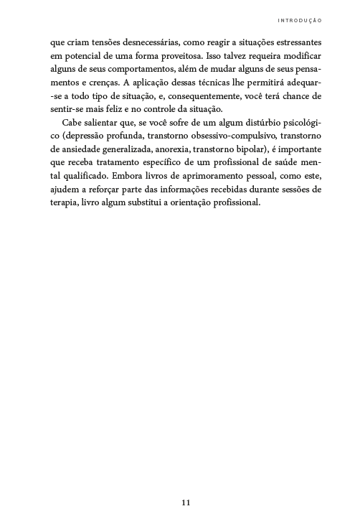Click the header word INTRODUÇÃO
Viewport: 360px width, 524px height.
300,20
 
